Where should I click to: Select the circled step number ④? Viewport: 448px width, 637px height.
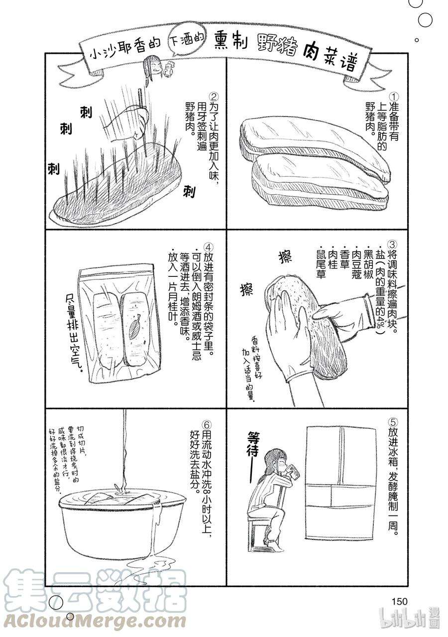pyautogui.click(x=210, y=248)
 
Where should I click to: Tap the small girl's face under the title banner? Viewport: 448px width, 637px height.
pyautogui.click(x=153, y=67)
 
